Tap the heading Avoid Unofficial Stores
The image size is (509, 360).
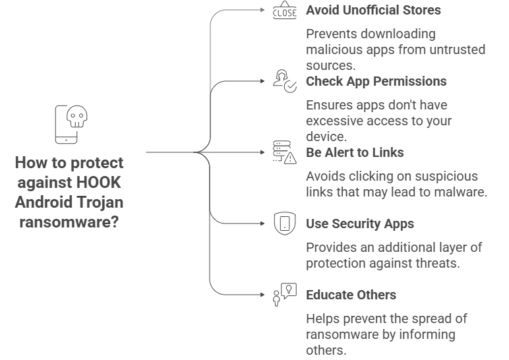point(374,11)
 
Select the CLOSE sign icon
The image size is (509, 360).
point(284,11)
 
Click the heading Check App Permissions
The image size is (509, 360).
point(376,81)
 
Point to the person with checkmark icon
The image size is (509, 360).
point(284,82)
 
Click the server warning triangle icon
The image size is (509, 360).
point(284,152)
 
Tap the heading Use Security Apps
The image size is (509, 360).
point(360,224)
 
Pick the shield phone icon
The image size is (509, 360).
point(284,224)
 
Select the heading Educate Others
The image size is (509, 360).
point(350,294)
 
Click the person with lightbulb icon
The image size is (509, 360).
point(284,294)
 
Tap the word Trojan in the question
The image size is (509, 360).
point(101,201)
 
